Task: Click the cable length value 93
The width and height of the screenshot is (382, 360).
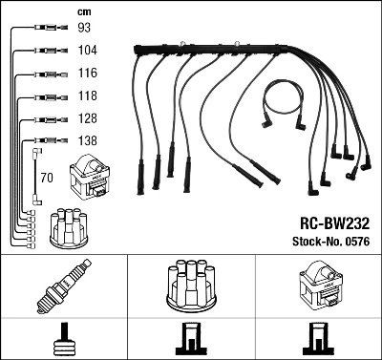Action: pyautogui.click(x=84, y=28)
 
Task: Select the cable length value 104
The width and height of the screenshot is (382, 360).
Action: pyautogui.click(x=87, y=50)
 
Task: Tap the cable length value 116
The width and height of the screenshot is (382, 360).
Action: pyautogui.click(x=87, y=73)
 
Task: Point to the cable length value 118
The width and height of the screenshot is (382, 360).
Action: pyautogui.click(x=87, y=95)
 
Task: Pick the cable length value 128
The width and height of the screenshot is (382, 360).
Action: pyautogui.click(x=87, y=118)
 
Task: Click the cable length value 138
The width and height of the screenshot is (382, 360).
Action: pyautogui.click(x=87, y=140)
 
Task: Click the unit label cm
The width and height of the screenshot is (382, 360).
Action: pyautogui.click(x=84, y=10)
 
